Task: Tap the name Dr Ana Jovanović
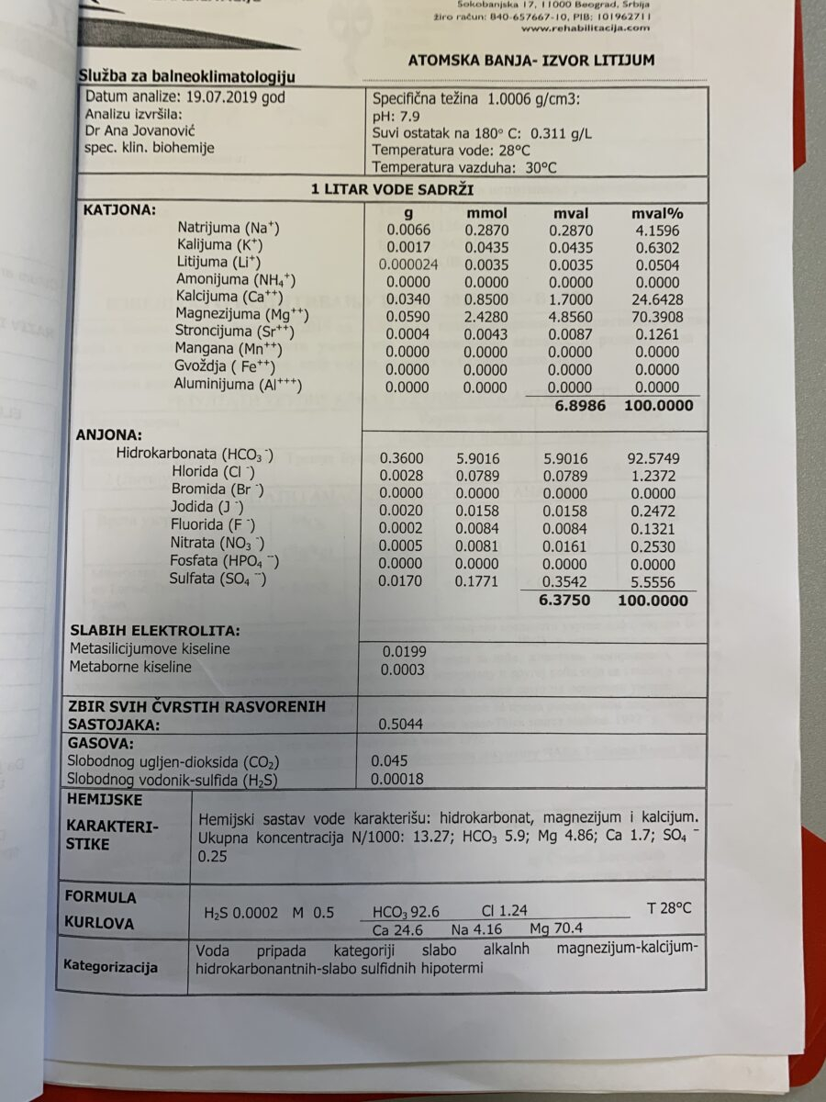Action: coord(150,131)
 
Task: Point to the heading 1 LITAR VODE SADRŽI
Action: coord(392,189)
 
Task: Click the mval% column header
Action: coord(657,213)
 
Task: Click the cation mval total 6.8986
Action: coord(579,404)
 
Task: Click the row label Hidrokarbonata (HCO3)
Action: coord(195,454)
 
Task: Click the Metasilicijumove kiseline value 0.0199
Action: coord(403,652)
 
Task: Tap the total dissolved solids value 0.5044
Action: coord(401,724)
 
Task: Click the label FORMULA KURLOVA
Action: coord(101,910)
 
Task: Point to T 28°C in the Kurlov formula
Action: coord(669,909)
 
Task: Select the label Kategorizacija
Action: coord(110,967)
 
